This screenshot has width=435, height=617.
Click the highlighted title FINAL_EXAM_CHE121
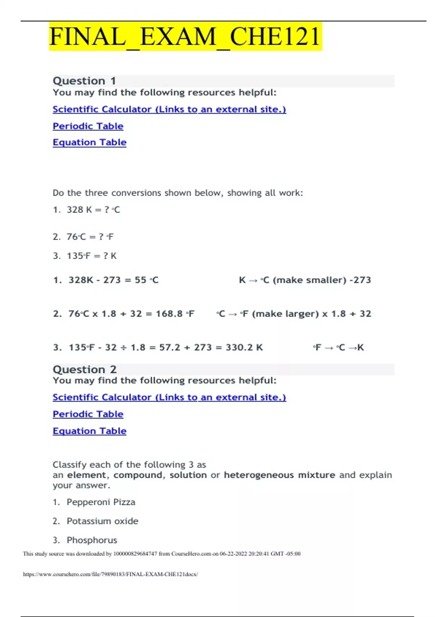[185, 37]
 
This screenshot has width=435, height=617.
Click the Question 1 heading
[84, 81]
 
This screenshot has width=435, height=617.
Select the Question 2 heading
[84, 369]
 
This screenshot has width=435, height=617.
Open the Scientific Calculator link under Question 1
[169, 109]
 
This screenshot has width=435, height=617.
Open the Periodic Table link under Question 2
[88, 414]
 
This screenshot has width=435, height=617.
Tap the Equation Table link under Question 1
[89, 142]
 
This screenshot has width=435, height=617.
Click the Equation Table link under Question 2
[89, 431]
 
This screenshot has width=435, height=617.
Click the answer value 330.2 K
[244, 347]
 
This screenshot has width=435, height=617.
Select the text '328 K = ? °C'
[93, 210]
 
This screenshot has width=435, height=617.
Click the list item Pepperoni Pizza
[101, 502]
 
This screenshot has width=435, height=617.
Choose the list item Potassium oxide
[102, 521]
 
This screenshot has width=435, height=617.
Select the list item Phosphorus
[92, 540]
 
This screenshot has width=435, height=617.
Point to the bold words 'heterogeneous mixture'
[279, 475]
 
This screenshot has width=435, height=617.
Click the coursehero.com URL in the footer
[110, 574]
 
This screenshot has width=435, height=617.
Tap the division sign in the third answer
[124, 347]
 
